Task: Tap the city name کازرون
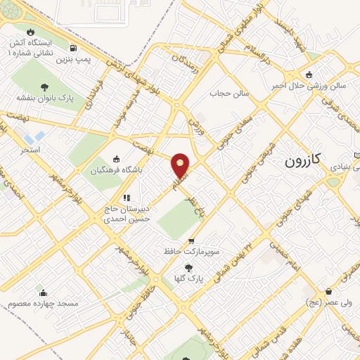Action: (x=302, y=160)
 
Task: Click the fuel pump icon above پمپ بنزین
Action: (x=75, y=49)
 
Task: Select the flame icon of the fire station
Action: (x=30, y=32)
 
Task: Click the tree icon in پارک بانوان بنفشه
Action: (x=45, y=86)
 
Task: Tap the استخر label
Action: (x=30, y=150)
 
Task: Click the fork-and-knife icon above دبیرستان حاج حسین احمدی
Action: (x=127, y=198)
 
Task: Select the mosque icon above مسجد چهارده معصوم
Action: (x=43, y=293)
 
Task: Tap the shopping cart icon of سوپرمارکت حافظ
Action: (x=191, y=240)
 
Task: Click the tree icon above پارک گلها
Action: (x=188, y=267)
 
